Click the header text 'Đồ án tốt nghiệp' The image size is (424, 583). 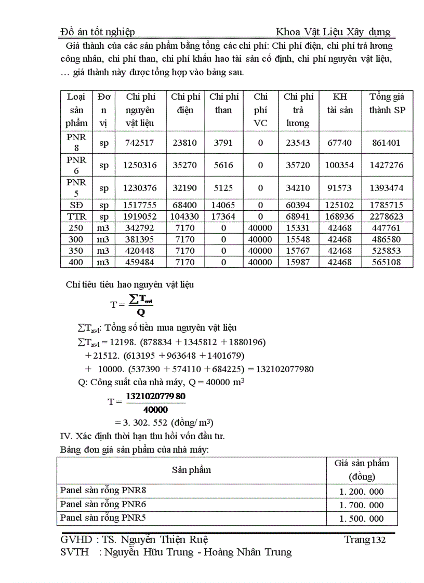(x=98, y=32)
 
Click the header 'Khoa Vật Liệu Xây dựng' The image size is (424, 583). (x=333, y=32)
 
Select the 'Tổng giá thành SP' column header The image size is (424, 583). (x=387, y=103)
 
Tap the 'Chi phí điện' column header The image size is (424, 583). (x=186, y=103)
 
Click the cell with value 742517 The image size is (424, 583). (x=140, y=143)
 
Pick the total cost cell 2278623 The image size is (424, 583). (x=387, y=216)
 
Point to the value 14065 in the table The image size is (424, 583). (x=223, y=205)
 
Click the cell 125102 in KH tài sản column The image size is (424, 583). (x=340, y=205)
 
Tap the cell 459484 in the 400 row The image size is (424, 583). (x=140, y=262)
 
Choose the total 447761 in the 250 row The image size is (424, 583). (x=387, y=228)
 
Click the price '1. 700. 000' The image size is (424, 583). (x=362, y=505)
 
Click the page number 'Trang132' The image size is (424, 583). (x=365, y=540)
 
